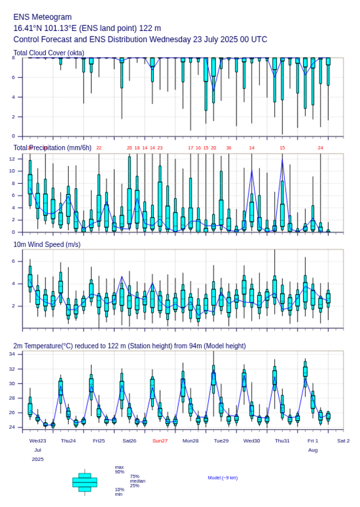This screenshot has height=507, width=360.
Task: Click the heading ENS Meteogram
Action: coord(42,17)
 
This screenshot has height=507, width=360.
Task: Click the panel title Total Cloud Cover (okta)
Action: coord(49,53)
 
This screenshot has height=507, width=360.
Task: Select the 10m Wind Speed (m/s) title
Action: coord(47,244)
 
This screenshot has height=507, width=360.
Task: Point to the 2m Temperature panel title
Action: coord(129,346)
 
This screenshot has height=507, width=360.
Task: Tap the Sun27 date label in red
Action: coord(160,441)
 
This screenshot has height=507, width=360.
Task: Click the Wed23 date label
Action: coord(38,441)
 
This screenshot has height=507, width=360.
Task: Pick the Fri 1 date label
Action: coord(313,441)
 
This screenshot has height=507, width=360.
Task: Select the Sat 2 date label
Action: coord(343,441)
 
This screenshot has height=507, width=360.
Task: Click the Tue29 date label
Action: coord(221,441)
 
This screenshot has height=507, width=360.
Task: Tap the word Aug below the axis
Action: coord(313,451)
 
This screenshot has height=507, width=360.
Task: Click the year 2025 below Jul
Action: coord(38,459)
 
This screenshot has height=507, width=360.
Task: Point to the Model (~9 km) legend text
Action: coord(223,478)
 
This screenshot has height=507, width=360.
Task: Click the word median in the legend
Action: coord(137,481)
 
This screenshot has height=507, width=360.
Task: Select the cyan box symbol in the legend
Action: coord(85,482)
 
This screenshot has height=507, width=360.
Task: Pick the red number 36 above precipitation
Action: coord(228,148)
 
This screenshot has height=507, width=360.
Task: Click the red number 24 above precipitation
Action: coord(320,148)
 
